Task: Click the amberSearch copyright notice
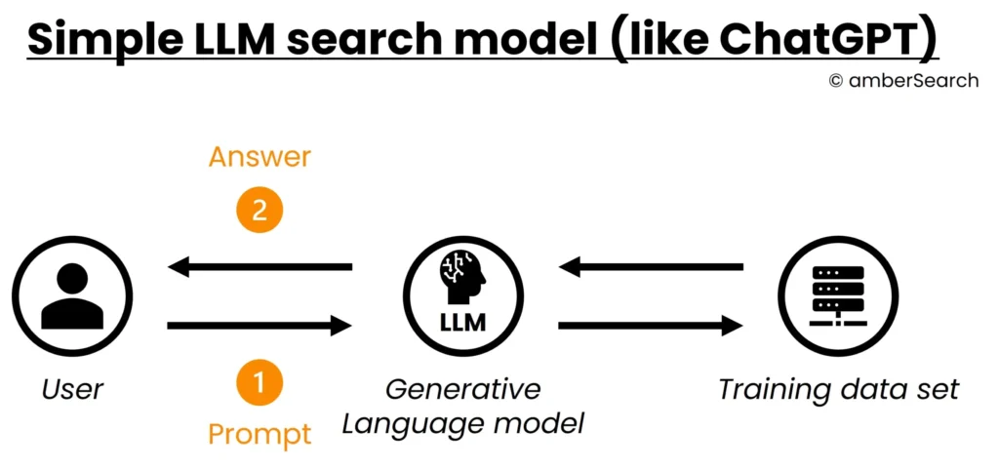pos(902,81)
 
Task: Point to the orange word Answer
pos(260,157)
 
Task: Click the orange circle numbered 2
pos(260,211)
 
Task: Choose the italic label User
pos(72,390)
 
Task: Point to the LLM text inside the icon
pos(462,323)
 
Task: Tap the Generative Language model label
pos(462,407)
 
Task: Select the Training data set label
pos(838,390)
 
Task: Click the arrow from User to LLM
pos(260,325)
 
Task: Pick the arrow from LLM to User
pos(260,266)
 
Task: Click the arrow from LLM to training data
pos(650,325)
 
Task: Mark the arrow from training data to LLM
pos(650,266)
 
